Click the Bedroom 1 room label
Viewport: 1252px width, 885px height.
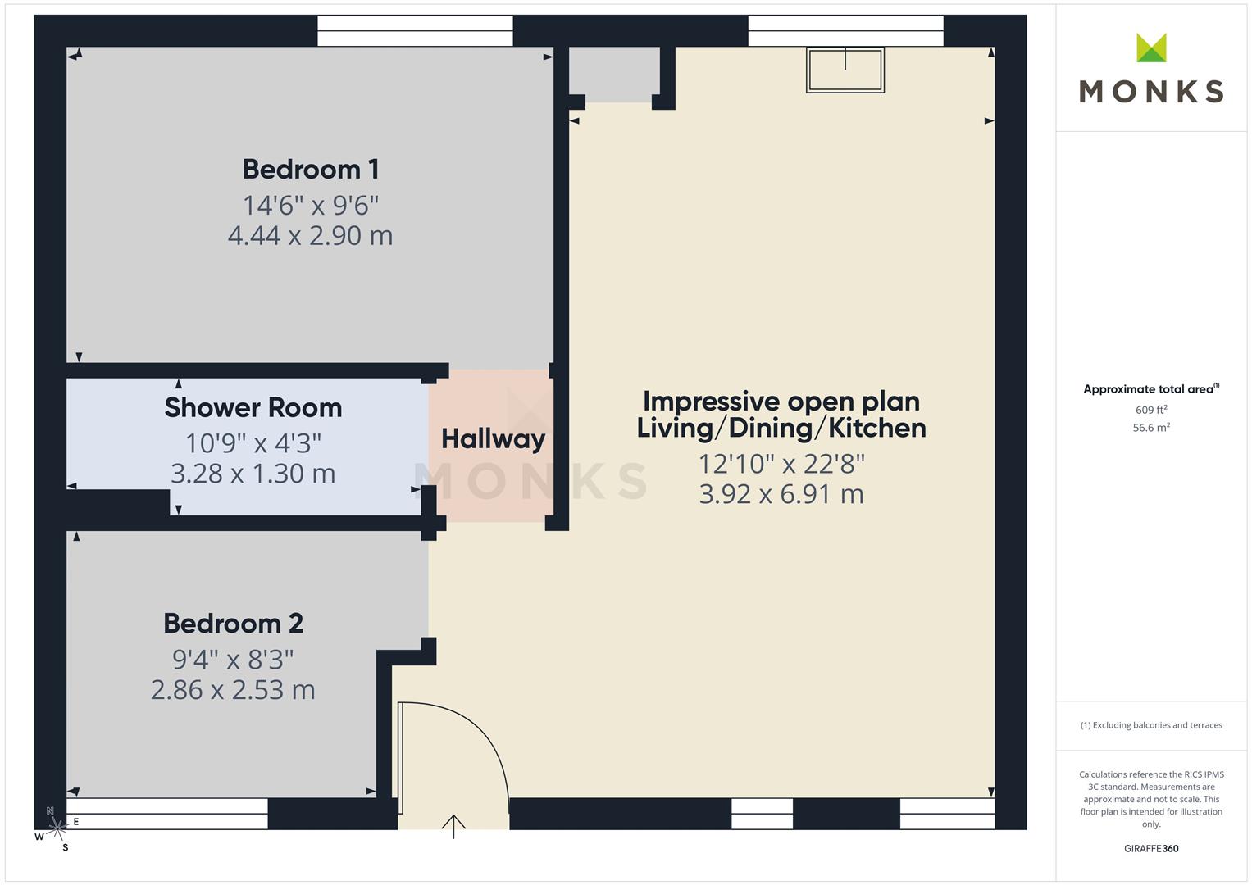coord(311,170)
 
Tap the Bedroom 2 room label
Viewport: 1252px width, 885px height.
coord(233,624)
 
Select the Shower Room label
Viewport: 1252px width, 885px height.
coord(253,408)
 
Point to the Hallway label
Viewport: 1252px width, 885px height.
coord(493,439)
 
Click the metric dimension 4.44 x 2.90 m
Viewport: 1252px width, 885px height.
coord(310,236)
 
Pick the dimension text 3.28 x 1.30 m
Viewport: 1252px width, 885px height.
coord(253,474)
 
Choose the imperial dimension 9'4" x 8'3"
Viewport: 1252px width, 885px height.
coord(233,660)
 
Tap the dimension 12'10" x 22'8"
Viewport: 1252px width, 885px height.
coord(781,465)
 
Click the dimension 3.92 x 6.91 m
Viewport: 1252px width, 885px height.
coord(781,494)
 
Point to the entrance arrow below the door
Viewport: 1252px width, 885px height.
coord(453,826)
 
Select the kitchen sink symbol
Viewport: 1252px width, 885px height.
coord(845,70)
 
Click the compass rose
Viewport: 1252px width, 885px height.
coord(57,828)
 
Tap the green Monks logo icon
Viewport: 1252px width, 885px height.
coord(1151,48)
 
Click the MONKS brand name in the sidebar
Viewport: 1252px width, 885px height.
coord(1151,92)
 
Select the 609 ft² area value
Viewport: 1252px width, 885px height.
coord(1151,410)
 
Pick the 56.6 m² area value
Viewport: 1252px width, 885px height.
coord(1151,428)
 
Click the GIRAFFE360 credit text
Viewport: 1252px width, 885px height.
coord(1151,849)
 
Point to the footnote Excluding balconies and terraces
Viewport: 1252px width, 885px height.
coord(1151,725)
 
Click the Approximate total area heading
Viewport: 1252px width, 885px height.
coord(1151,389)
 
